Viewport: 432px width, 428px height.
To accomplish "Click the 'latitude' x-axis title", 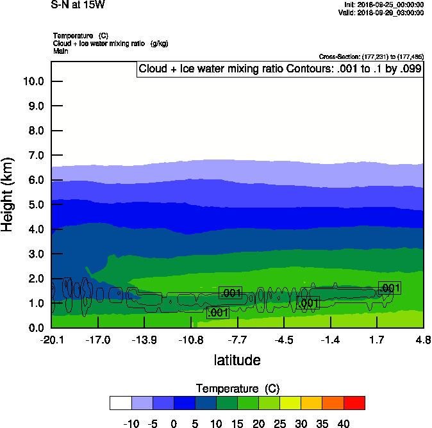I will coord(237,360).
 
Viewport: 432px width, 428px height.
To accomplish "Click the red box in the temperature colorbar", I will coord(354,402).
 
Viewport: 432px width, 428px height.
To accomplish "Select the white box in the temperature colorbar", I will coord(120,402).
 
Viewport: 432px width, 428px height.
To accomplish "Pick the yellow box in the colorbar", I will coord(291,402).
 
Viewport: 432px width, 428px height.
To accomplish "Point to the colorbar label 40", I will coord(344,424).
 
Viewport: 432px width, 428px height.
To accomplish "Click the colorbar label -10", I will coord(131,424).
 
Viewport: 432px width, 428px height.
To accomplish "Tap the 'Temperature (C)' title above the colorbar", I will coord(237,389).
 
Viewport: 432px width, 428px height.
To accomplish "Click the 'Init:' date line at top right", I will coord(383,4).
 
